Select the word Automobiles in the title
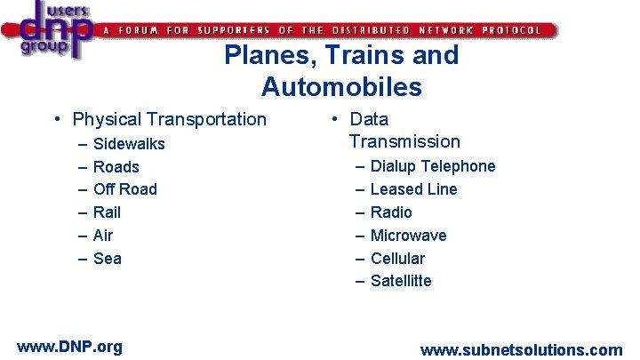[x=341, y=87]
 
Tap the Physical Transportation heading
[x=169, y=119]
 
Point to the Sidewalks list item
[x=129, y=144]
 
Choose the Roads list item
[x=116, y=167]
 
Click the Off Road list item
[x=124, y=189]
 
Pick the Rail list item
[x=107, y=212]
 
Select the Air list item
[x=103, y=236]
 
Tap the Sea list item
[x=107, y=259]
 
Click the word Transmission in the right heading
[x=404, y=141]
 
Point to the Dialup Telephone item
[x=433, y=166]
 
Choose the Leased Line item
[x=413, y=189]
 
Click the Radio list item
[x=391, y=212]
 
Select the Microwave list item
[x=408, y=236]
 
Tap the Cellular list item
[x=397, y=259]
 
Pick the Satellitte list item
[x=401, y=281]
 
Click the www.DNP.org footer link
[x=69, y=347]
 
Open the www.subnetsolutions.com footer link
[x=521, y=350]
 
